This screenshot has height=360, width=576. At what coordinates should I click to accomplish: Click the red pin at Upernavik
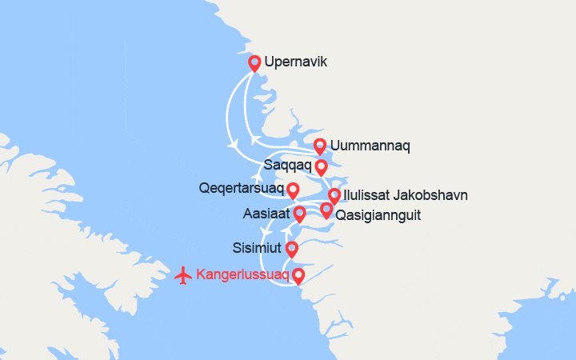tap(254, 63)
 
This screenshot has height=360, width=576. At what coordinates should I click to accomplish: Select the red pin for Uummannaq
tap(319, 146)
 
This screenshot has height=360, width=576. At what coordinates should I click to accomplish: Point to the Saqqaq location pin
tap(321, 166)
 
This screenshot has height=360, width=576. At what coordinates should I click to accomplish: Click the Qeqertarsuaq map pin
tap(293, 190)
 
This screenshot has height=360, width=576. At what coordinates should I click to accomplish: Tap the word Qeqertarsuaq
tap(240, 190)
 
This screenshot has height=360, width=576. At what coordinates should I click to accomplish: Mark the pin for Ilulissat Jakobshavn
tap(334, 195)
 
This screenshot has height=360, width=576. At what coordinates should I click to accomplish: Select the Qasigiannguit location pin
tap(326, 210)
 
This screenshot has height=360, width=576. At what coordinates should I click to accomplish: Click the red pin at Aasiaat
tap(299, 214)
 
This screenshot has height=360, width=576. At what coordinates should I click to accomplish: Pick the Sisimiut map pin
tap(291, 248)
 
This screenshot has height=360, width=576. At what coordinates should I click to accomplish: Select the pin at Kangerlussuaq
tap(298, 276)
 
